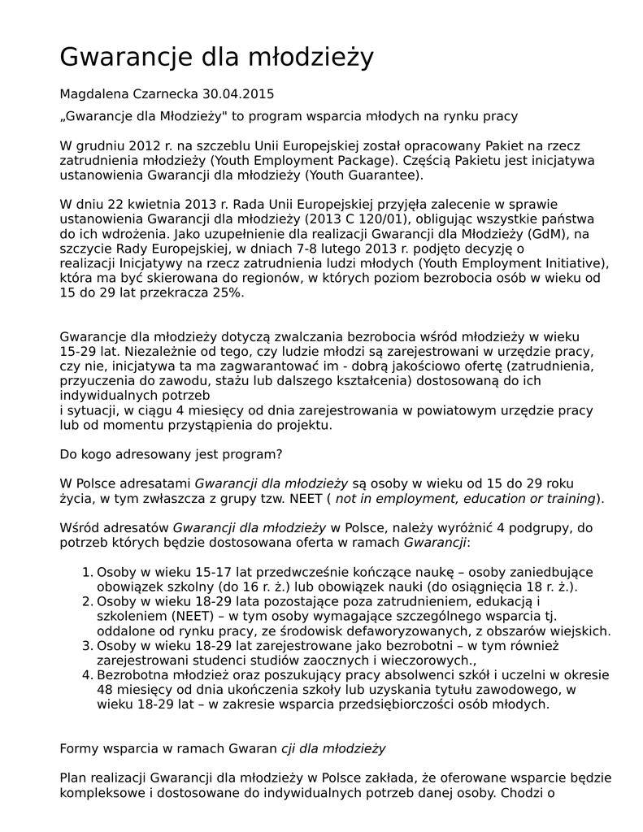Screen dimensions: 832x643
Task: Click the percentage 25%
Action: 227,292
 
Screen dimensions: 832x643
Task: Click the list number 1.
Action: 88,571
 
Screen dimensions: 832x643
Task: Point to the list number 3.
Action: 88,645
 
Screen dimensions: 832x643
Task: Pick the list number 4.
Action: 88,674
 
